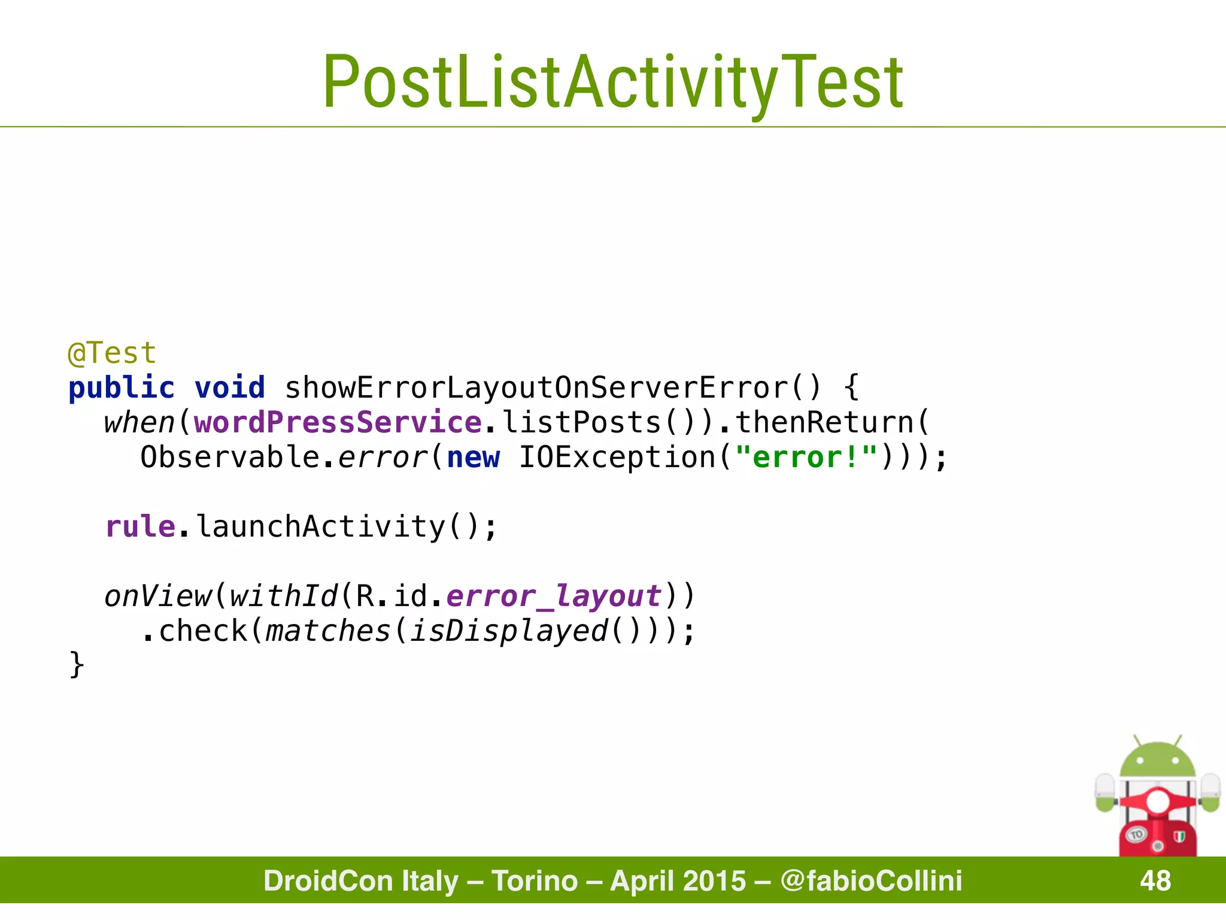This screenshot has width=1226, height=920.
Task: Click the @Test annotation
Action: pos(112,353)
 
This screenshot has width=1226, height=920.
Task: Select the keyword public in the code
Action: pos(122,388)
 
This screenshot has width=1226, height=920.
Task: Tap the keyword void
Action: pos(230,388)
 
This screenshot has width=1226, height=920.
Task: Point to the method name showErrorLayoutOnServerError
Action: pos(536,388)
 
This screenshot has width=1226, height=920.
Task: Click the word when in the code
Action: pos(139,422)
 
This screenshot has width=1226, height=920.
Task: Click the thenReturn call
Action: pos(824,422)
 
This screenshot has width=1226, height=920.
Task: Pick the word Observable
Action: pos(230,457)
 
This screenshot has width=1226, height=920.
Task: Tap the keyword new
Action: pos(473,457)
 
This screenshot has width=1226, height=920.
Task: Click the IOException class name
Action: pos(617,457)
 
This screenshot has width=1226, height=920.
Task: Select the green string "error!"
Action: pos(806,457)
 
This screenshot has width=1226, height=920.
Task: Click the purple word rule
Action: pos(140,526)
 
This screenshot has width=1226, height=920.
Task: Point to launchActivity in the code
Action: pos(320,526)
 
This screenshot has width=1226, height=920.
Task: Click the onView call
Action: pos(157,596)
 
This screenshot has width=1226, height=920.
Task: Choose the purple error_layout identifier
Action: pos(554,596)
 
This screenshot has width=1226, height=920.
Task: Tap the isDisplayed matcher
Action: pos(509,631)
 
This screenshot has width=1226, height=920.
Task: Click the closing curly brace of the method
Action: pos(77,665)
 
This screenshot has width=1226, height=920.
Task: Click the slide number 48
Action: pos(1155,880)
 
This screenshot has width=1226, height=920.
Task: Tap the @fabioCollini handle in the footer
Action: pos(872,880)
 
